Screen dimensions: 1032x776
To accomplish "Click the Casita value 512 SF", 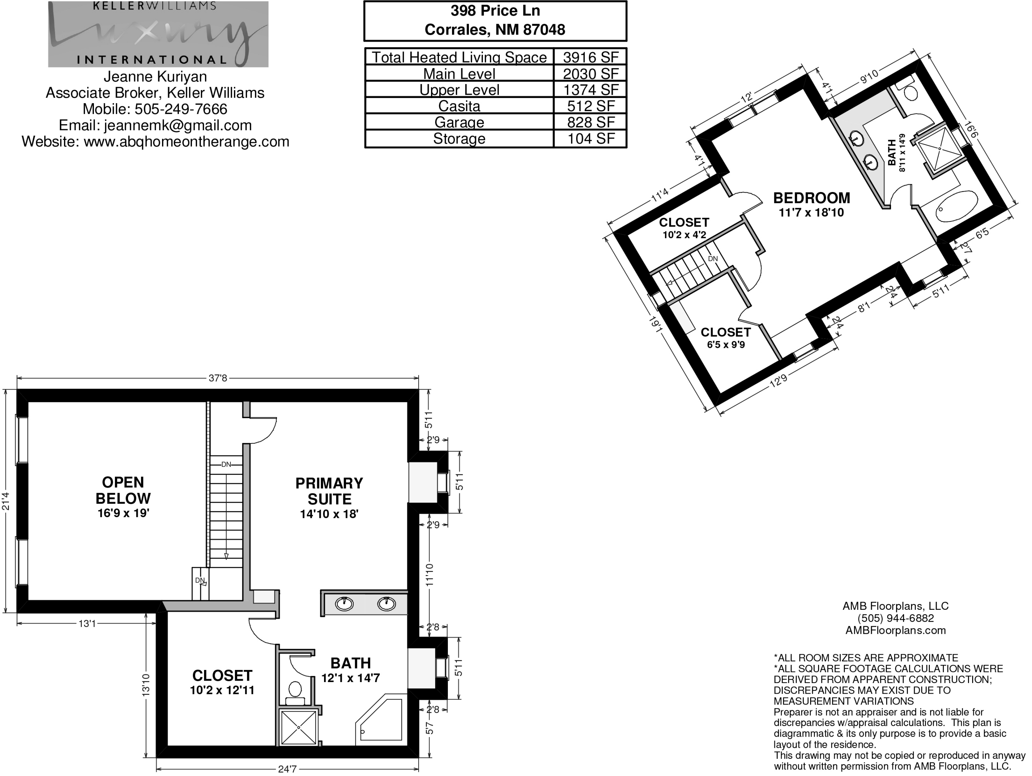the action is tap(591, 106).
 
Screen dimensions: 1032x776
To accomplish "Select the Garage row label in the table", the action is tap(459, 122).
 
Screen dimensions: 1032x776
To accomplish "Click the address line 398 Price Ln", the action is tap(495, 11).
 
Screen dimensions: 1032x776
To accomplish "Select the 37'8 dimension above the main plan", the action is tap(218, 378).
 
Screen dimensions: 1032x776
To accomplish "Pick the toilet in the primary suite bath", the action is tap(295, 693).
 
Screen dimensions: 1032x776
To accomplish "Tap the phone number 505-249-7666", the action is tap(181, 109).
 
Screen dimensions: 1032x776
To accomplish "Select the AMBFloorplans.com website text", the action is tap(896, 630).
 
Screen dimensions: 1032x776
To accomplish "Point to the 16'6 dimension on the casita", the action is tap(972, 130).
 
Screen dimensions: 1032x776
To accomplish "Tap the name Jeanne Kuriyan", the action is tap(155, 76).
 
